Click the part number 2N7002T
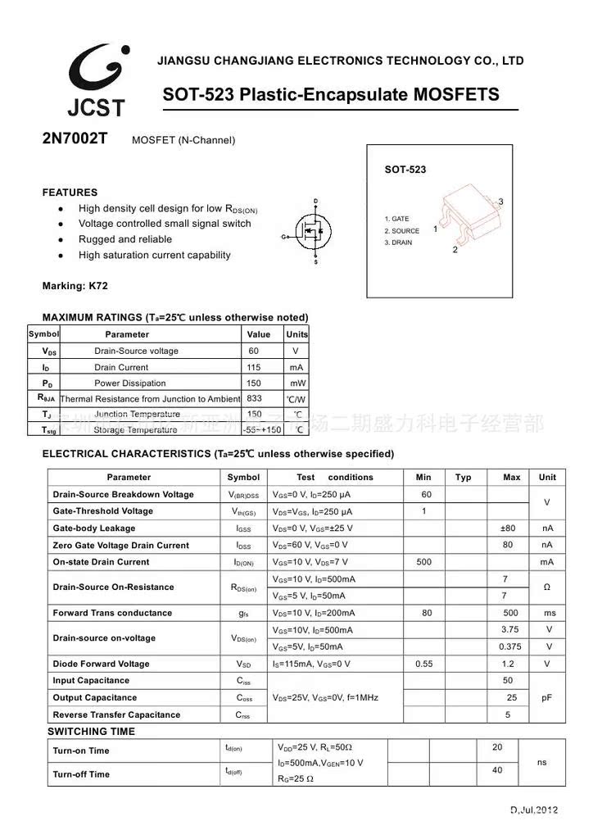(75, 138)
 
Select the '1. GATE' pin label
(397, 220)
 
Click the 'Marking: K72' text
(75, 286)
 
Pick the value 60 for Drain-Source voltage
(254, 351)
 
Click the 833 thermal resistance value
(254, 398)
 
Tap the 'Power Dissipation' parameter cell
(129, 383)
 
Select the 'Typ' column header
(464, 477)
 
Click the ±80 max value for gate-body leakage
(508, 528)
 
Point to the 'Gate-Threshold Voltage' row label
(102, 511)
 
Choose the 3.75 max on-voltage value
(509, 629)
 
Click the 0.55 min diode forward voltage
(424, 664)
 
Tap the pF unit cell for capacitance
(547, 697)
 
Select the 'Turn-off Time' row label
(81, 774)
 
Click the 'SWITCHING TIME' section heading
(91, 731)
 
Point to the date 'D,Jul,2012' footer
(534, 810)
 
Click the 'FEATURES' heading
(70, 193)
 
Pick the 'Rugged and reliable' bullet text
(125, 239)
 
